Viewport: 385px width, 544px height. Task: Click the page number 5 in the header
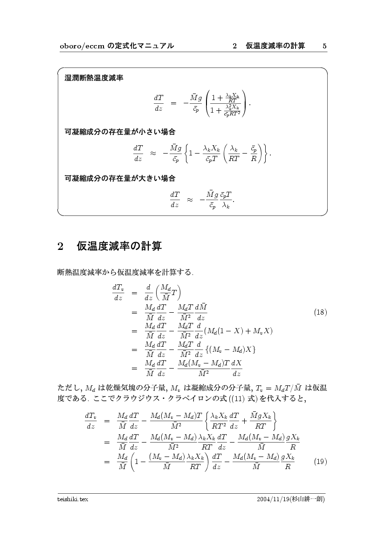tap(324, 46)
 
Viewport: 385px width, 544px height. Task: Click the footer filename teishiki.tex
tap(73, 499)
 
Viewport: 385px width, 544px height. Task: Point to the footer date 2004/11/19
tap(273, 499)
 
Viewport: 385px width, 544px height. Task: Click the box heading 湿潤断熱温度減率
tap(94, 78)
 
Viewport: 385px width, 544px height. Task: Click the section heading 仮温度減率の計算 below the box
tap(119, 246)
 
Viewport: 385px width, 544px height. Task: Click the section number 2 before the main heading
tap(60, 247)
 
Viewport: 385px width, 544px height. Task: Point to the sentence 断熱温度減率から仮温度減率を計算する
tap(126, 271)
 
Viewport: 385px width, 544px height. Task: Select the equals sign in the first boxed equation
tap(173, 102)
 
